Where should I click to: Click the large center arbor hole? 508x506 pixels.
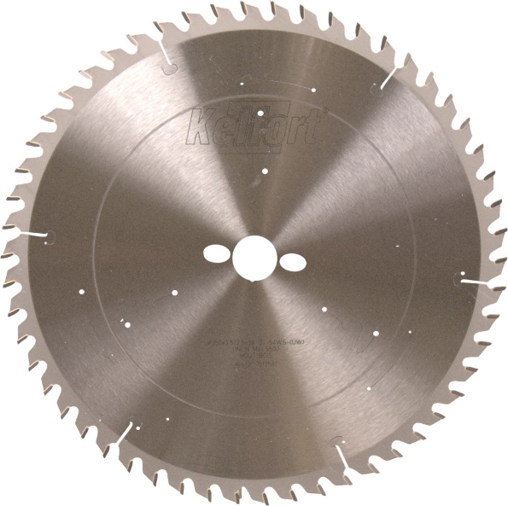pyautogui.click(x=254, y=257)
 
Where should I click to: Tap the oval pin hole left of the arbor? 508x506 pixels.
pyautogui.click(x=217, y=253)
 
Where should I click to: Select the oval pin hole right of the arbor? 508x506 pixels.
pyautogui.click(x=291, y=260)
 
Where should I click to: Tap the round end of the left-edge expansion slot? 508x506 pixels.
pyautogui.click(x=50, y=236)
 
